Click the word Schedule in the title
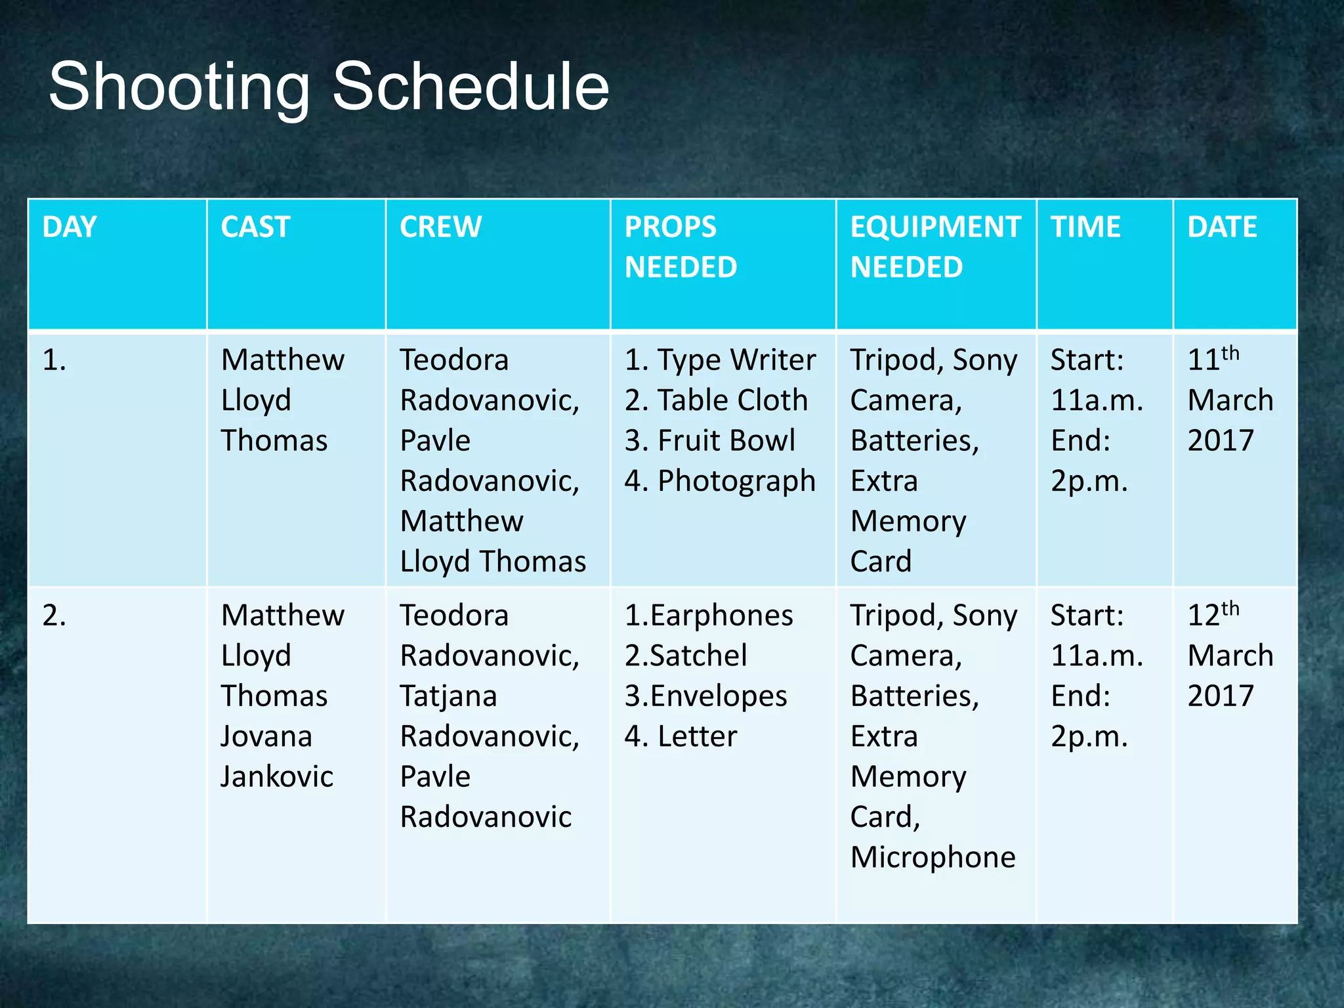(471, 87)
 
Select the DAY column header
(69, 227)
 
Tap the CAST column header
(255, 227)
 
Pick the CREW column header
(440, 227)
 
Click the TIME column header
(1085, 227)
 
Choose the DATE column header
(1222, 227)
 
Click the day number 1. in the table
(54, 360)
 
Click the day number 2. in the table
(54, 616)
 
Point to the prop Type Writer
(736, 360)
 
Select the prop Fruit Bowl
(726, 440)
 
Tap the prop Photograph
(736, 482)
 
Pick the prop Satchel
(698, 656)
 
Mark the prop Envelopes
(718, 696)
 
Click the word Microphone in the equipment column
(933, 858)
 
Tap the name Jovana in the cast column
(266, 736)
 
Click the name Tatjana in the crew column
(448, 696)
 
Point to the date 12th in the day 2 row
(1213, 614)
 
